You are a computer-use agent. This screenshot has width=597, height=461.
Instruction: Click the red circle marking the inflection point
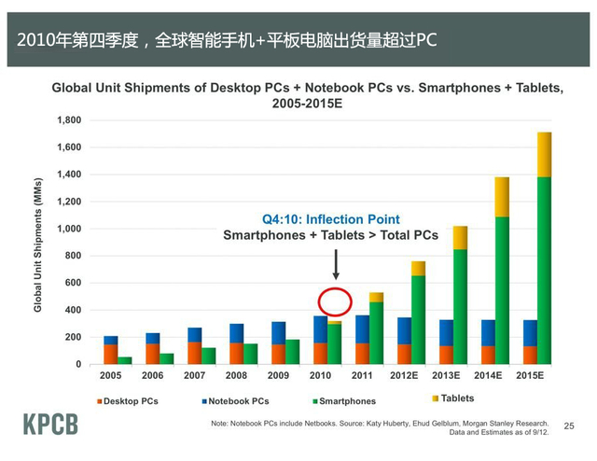pyautogui.click(x=335, y=302)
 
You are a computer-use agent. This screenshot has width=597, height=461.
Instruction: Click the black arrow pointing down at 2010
pyautogui.click(x=335, y=264)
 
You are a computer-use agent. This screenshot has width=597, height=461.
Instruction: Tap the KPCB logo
pyautogui.click(x=50, y=425)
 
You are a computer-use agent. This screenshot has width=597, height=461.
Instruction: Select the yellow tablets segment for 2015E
pyautogui.click(x=545, y=154)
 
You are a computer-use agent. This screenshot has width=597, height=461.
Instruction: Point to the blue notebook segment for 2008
pyautogui.click(x=237, y=333)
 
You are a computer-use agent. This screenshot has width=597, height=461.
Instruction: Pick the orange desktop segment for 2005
pyautogui.click(x=111, y=354)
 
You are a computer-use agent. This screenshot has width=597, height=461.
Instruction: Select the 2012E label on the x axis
pyautogui.click(x=405, y=375)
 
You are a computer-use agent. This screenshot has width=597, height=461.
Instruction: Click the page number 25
pyautogui.click(x=569, y=426)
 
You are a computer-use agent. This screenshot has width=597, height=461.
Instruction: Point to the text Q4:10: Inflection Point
pyautogui.click(x=330, y=218)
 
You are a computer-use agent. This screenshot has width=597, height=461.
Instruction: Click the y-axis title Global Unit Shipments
pyautogui.click(x=38, y=242)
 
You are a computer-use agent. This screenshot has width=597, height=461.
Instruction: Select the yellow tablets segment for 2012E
pyautogui.click(x=417, y=268)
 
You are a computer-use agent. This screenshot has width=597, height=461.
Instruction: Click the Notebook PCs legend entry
pyautogui.click(x=235, y=401)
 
